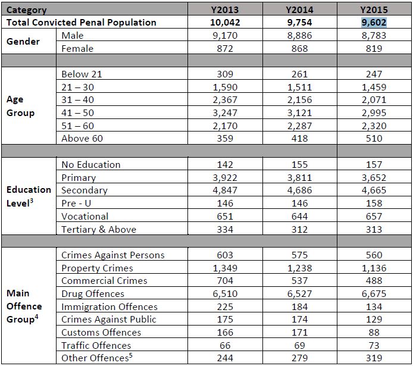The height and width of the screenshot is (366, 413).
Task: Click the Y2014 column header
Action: pyautogui.click(x=300, y=10)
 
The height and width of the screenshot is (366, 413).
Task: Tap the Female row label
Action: pyautogui.click(x=77, y=49)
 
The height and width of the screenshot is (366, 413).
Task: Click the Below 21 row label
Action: pyautogui.click(x=82, y=74)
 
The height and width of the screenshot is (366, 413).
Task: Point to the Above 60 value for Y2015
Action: pyautogui.click(x=374, y=139)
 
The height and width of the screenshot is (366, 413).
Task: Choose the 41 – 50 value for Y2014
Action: pyautogui.click(x=300, y=113)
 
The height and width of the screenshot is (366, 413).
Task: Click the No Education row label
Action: pyautogui.click(x=91, y=165)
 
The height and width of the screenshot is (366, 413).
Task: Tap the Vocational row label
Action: pyautogui.click(x=85, y=217)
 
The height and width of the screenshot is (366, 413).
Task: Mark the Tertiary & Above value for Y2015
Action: pyautogui.click(x=374, y=229)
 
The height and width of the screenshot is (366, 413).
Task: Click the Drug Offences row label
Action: pyautogui.click(x=93, y=293)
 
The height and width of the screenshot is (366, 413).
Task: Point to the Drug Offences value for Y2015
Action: pyautogui.click(x=374, y=293)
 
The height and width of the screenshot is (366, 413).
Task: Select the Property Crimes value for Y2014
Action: pyautogui.click(x=300, y=268)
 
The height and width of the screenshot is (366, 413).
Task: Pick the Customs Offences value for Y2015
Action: pyautogui.click(x=374, y=332)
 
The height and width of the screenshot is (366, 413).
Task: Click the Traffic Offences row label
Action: pyautogui.click(x=96, y=345)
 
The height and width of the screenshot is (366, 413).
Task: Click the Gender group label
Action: pyautogui.click(x=23, y=42)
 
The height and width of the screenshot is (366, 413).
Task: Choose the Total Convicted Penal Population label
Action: pyautogui.click(x=82, y=23)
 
